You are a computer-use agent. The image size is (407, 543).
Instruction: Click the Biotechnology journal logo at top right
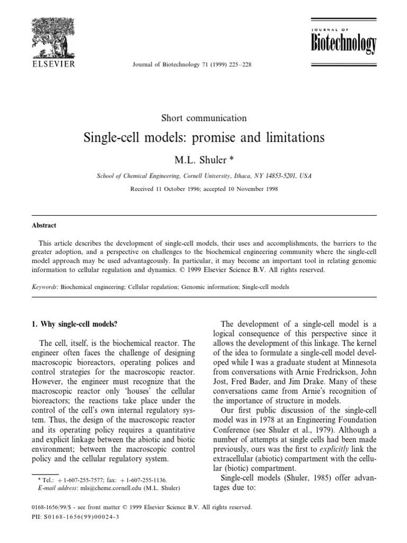coord(343,42)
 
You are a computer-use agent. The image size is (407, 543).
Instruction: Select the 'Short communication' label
coord(203,118)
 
